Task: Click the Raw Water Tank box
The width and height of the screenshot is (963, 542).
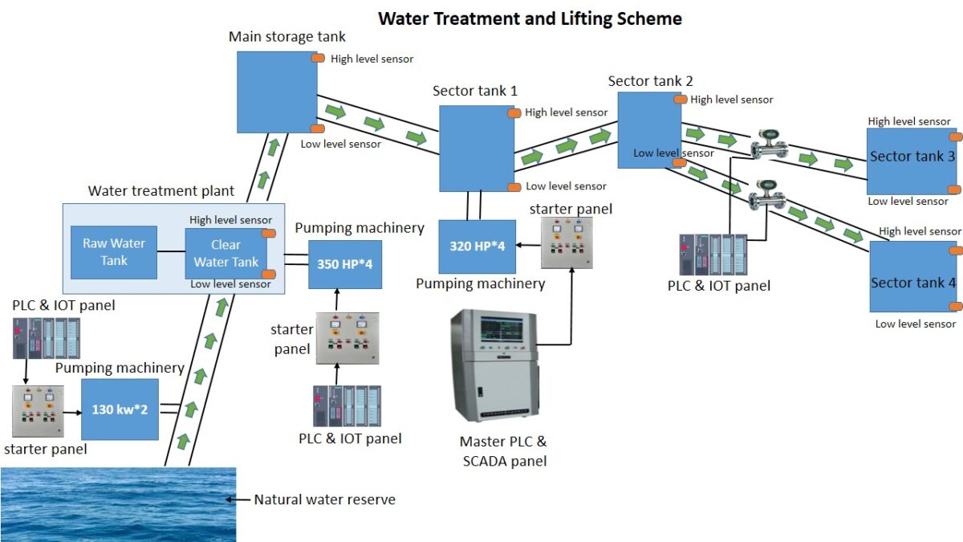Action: [113, 252]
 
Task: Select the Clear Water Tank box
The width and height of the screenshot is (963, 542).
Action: [226, 254]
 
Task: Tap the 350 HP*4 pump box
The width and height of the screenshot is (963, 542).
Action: [345, 264]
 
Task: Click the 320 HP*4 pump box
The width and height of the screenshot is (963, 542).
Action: [477, 247]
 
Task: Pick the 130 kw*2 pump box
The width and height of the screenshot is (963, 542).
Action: [120, 410]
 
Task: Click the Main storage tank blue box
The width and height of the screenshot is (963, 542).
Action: [277, 92]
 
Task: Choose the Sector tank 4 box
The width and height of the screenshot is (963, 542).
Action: [912, 277]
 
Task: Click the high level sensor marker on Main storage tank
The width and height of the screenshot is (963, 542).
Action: [318, 59]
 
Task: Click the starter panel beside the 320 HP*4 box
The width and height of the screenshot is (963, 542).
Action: [567, 242]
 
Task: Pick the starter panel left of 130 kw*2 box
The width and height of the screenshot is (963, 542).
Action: [38, 411]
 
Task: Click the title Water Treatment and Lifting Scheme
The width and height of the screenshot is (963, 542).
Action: [530, 18]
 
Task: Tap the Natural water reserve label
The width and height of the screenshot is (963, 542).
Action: [324, 499]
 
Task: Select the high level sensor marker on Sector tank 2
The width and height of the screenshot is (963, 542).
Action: [681, 99]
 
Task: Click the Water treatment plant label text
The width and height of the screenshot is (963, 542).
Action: [161, 191]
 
